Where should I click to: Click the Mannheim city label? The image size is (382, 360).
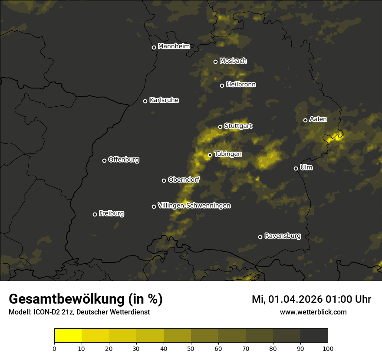(174, 46)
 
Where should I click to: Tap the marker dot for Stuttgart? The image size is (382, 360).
(220, 127)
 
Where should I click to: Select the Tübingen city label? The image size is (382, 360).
(228, 154)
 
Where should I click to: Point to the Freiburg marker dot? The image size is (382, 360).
(95, 214)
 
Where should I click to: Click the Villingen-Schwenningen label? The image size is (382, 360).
(194, 206)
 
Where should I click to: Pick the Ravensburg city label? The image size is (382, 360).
(282, 236)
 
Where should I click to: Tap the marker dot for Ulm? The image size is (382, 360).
(296, 168)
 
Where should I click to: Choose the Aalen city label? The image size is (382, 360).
(318, 119)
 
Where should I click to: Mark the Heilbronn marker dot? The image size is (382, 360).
(222, 85)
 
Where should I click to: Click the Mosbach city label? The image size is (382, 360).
(233, 61)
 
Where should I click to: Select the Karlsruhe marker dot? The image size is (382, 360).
(145, 101)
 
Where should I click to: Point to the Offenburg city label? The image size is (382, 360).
(124, 160)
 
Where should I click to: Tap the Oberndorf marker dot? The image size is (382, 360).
(164, 180)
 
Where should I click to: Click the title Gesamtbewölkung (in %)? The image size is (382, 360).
(86, 299)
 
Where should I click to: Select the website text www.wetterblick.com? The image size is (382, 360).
(313, 312)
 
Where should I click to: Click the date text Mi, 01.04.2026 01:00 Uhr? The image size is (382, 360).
(311, 299)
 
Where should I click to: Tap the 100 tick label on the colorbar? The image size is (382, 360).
(328, 348)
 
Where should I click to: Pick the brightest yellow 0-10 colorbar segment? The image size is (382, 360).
(68, 335)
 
